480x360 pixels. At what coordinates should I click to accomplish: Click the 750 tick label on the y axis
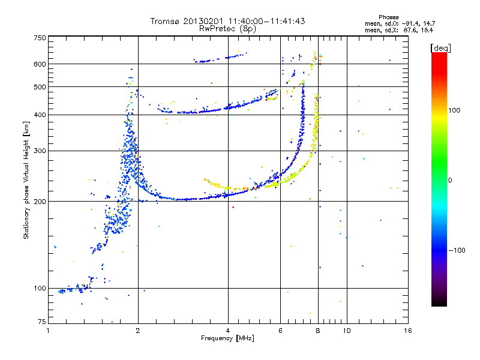point(40,38)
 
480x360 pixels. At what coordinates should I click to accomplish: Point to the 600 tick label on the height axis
point(40,64)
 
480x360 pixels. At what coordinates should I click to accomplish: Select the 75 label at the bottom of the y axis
point(42,322)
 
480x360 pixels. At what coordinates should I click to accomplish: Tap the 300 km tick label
point(40,151)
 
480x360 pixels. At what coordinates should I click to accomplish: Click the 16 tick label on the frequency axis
point(408,331)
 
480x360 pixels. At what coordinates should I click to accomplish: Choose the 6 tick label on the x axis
point(280,331)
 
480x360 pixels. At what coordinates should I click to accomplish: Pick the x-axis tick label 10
point(347,331)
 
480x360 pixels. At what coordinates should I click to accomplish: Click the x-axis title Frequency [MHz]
point(227,338)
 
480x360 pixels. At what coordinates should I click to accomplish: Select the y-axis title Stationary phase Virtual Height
point(26,180)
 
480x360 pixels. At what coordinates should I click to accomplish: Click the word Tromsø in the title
point(166,22)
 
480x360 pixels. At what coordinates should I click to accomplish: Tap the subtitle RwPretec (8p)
point(227,29)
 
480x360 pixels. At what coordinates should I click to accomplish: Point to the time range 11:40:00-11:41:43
point(266,22)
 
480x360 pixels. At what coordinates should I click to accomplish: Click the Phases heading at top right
point(388,17)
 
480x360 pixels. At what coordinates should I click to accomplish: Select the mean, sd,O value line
point(400,24)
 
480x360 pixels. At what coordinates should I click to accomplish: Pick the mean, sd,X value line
point(399,31)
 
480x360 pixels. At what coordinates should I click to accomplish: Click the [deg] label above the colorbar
point(440,48)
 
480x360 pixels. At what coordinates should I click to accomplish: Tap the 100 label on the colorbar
point(454,110)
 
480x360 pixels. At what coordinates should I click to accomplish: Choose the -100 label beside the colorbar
point(457,250)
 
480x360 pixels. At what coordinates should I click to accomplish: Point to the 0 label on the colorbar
point(450,181)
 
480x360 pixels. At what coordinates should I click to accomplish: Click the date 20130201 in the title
point(204,22)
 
